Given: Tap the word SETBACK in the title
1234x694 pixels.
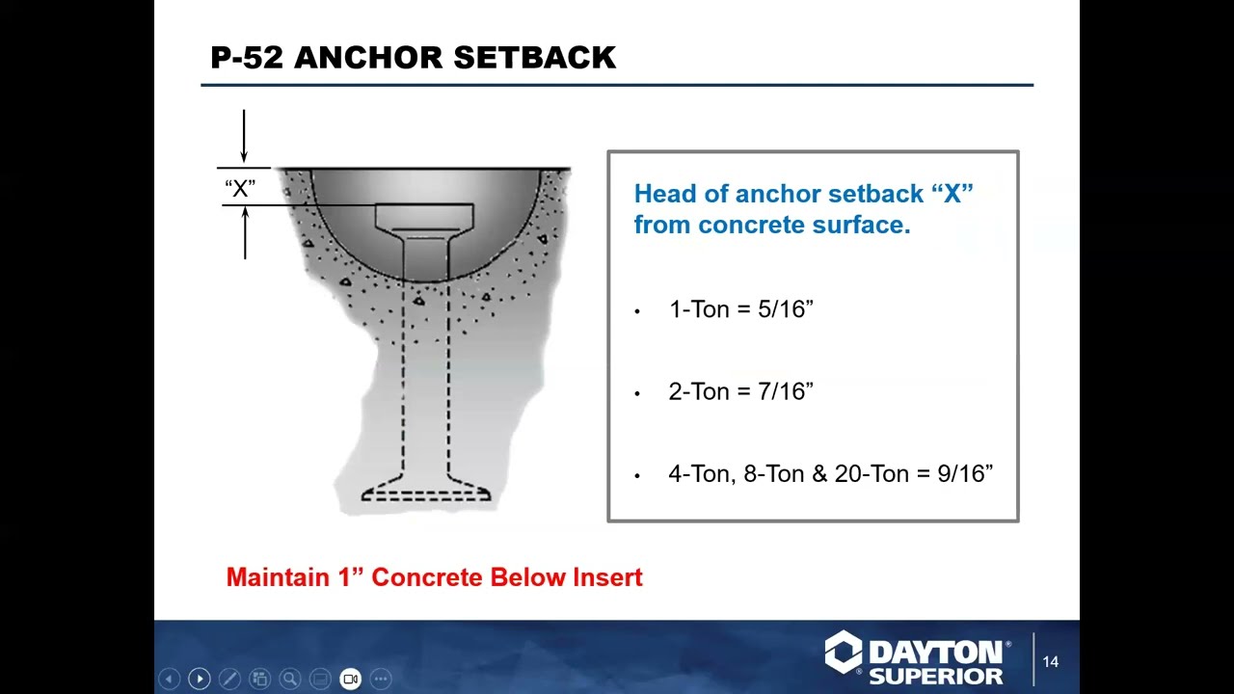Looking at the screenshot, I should pos(534,58).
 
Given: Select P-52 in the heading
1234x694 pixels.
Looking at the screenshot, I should pos(247,58).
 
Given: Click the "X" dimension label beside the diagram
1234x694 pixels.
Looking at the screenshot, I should pos(240,188).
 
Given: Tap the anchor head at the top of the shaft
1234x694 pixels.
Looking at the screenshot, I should pos(424,216).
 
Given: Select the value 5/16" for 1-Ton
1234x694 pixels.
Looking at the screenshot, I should pos(786,309).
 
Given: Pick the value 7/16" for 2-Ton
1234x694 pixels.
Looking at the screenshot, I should pos(786,391).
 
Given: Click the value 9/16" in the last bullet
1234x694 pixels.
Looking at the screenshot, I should pos(965,473).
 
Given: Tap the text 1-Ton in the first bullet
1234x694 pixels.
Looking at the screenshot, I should pos(699,309).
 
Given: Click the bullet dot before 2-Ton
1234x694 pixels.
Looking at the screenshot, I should pos(637,393).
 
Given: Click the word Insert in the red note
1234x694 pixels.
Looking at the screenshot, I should pos(607,577).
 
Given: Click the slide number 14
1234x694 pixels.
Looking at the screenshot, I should pos(1050,662).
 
